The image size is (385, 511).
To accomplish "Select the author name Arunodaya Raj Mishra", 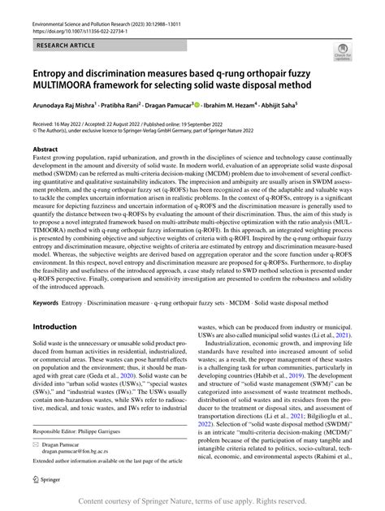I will tap(64, 105).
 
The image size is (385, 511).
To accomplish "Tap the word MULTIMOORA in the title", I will tap(71, 87).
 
